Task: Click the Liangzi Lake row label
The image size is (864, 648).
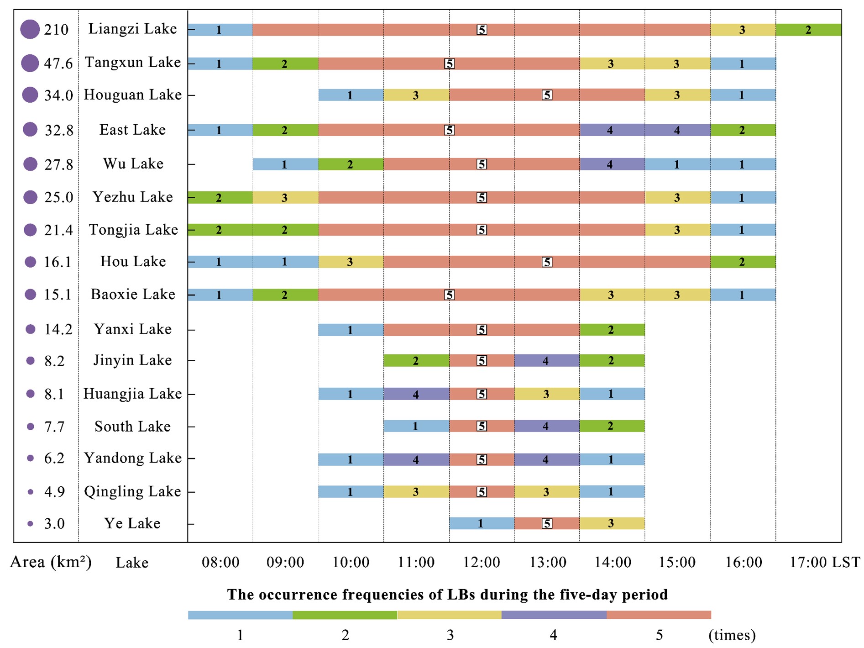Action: tap(132, 29)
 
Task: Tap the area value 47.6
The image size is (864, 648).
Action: tap(58, 63)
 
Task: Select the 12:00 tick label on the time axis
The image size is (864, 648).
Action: tap(482, 562)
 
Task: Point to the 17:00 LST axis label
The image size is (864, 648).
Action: tap(824, 562)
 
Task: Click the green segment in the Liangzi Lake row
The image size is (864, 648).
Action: tap(808, 30)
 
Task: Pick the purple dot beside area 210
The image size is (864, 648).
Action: tap(30, 29)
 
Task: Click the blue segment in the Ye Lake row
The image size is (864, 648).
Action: tap(482, 523)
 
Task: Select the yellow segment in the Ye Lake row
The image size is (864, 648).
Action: tap(612, 523)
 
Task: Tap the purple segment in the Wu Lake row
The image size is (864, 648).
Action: tap(612, 164)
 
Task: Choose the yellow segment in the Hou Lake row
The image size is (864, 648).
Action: tap(351, 262)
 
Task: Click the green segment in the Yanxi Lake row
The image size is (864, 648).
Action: tap(612, 329)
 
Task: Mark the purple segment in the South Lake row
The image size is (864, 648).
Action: tap(547, 426)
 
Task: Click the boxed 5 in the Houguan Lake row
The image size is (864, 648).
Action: tap(547, 95)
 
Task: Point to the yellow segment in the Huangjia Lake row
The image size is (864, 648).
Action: tap(547, 394)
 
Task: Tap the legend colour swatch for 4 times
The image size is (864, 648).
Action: tap(554, 615)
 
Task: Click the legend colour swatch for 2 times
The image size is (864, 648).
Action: tap(345, 615)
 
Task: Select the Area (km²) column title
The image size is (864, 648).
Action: tap(51, 562)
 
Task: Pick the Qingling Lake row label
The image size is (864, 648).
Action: tap(132, 491)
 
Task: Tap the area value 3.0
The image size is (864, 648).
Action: tap(54, 524)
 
